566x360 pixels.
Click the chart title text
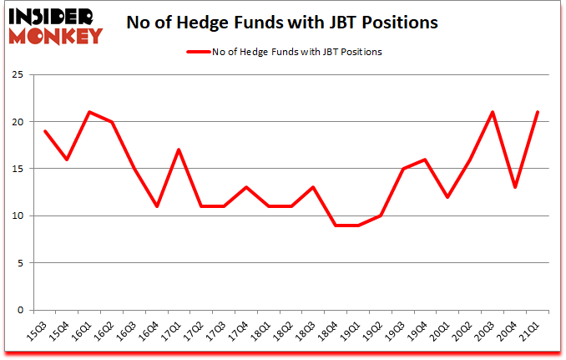[282, 23]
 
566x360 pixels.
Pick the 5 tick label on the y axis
[29, 263]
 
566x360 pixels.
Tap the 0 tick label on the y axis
[29, 310]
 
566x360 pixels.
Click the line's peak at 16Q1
[89, 112]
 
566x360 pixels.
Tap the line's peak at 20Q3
[493, 112]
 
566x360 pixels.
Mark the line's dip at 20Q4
[516, 187]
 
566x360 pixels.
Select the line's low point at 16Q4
[157, 206]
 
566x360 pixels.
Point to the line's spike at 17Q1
[179, 150]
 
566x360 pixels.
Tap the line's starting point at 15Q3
[44, 131]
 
